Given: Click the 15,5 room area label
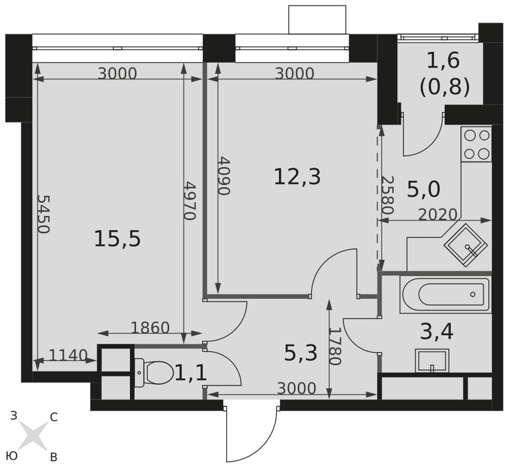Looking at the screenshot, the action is pos(117,239).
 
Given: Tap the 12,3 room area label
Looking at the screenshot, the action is pos(297,177).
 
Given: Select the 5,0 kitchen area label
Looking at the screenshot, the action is pos(424,189).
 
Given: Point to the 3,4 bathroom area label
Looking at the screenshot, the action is pos(436,331).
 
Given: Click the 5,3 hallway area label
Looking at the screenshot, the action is pos(300,353).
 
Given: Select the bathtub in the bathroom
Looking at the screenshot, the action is pos(446,294).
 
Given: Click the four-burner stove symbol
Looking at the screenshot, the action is pos(477,144).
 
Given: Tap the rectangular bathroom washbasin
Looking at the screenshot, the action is pos(432,361).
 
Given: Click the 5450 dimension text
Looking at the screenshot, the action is pos(43,214).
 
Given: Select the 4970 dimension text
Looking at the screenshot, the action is pos(190,201).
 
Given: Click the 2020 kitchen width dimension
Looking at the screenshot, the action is pos(438,214).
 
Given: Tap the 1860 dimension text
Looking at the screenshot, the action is pos(150,328).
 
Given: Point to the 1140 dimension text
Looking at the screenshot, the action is pos(68,355).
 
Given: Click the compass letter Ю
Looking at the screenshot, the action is pos(12,456).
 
